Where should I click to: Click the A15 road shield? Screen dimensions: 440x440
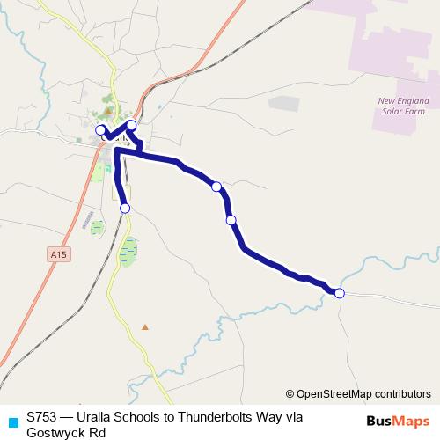pyautogui.click(x=58, y=254)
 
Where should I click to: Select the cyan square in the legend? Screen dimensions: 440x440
pyautogui.click(x=11, y=421)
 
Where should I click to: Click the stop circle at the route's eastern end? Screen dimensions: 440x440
pyautogui.click(x=340, y=293)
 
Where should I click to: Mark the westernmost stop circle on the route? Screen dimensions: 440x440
pyautogui.click(x=100, y=130)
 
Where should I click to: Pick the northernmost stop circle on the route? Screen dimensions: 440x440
pyautogui.click(x=132, y=125)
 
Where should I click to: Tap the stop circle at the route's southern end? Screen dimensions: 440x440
pyautogui.click(x=125, y=208)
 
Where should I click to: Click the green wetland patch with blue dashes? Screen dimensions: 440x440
pyautogui.click(x=128, y=252)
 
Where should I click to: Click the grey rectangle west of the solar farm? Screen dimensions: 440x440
pyautogui.click(x=283, y=103)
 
